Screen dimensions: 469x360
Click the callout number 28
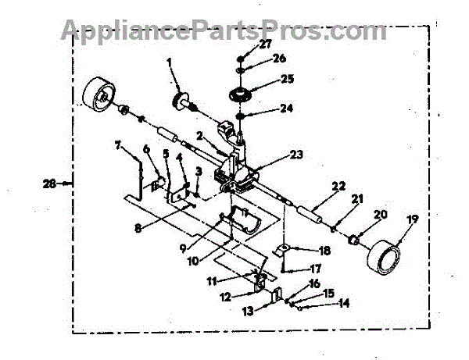click(50, 184)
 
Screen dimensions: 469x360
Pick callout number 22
click(337, 185)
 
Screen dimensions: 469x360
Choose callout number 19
click(411, 221)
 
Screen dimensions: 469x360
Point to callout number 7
click(118, 144)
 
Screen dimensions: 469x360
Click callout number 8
click(138, 230)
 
